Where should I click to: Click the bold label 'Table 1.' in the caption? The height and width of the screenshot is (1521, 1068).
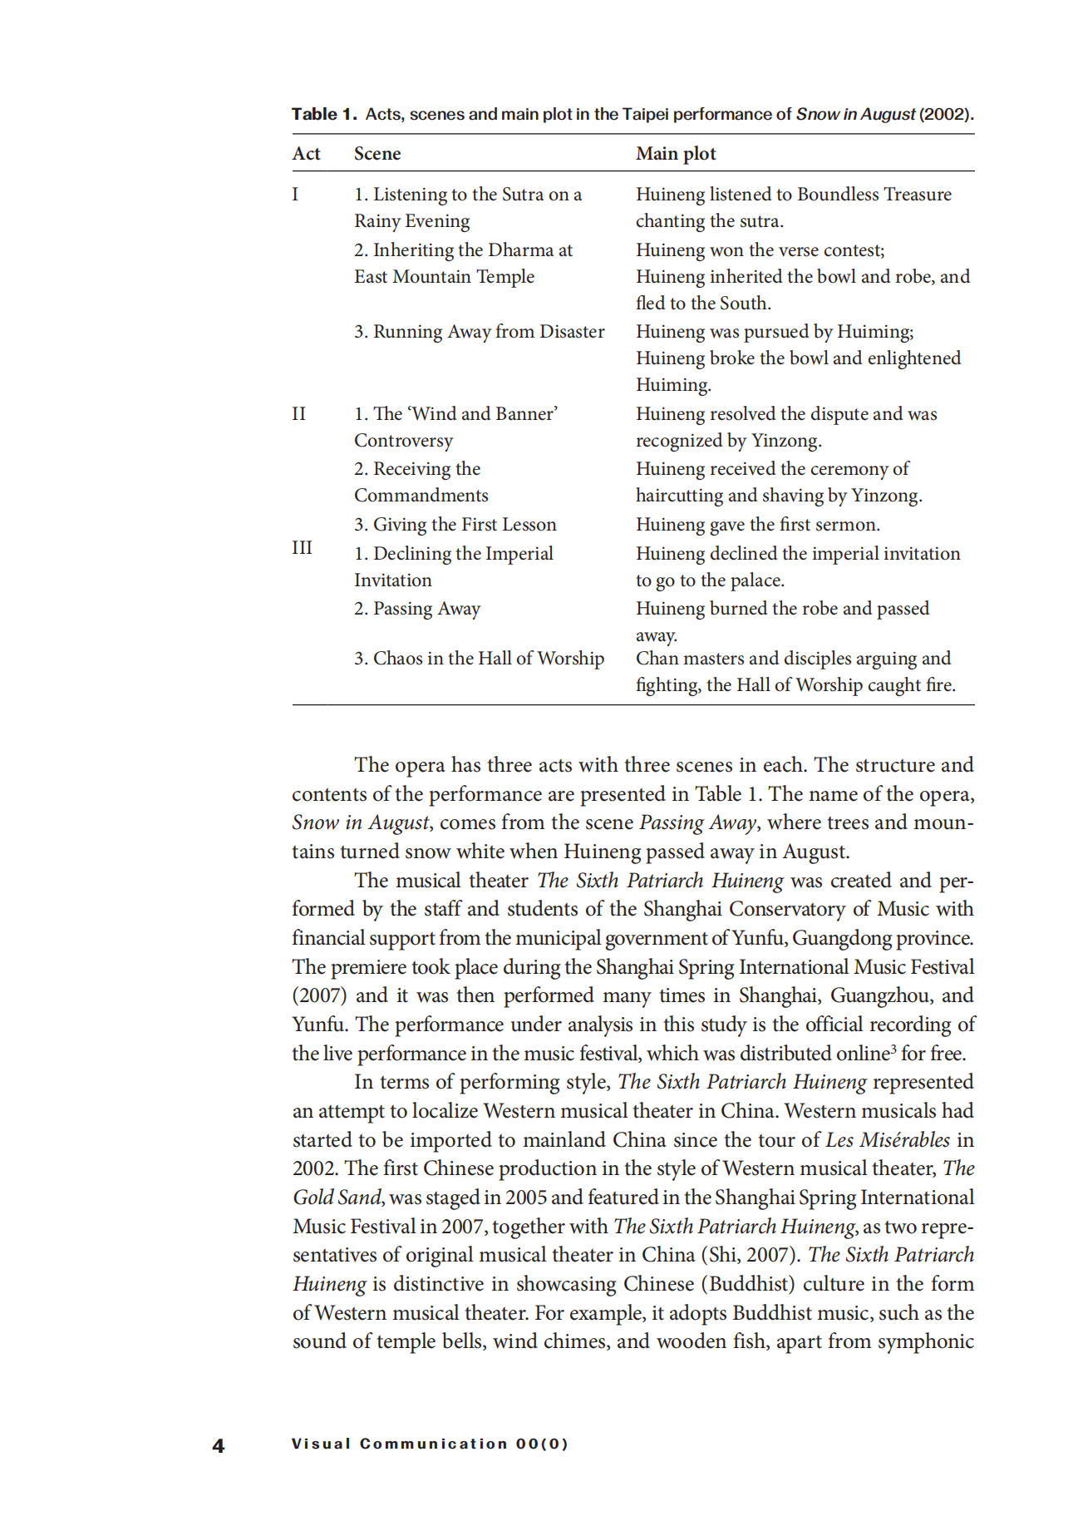pos(323,114)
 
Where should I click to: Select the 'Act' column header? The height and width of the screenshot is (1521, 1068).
pos(306,154)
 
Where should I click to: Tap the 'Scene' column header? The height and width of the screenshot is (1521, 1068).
pos(377,154)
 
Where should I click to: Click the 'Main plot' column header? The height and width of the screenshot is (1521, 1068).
pos(676,154)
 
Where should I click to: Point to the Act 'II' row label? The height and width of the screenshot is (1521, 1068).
pos(299,414)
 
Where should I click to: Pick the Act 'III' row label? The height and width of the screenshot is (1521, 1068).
pos(303,548)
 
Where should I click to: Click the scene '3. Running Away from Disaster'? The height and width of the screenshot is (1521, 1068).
pos(479,332)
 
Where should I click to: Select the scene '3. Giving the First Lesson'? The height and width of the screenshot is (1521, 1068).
pos(455,525)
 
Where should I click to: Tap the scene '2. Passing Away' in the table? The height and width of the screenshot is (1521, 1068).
pos(416,609)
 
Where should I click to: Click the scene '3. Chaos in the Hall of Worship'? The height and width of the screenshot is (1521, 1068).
pos(479,659)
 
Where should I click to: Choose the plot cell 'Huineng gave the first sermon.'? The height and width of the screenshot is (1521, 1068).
pos(757,525)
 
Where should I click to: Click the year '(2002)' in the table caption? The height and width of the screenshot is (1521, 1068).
pos(945,114)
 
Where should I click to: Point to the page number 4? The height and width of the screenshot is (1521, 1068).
pos(219,1446)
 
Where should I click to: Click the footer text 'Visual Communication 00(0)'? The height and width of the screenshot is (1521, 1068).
pos(430,1444)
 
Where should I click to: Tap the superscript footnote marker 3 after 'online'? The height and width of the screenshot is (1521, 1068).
pos(893,1048)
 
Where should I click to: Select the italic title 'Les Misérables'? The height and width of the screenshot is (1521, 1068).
pos(888,1140)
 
